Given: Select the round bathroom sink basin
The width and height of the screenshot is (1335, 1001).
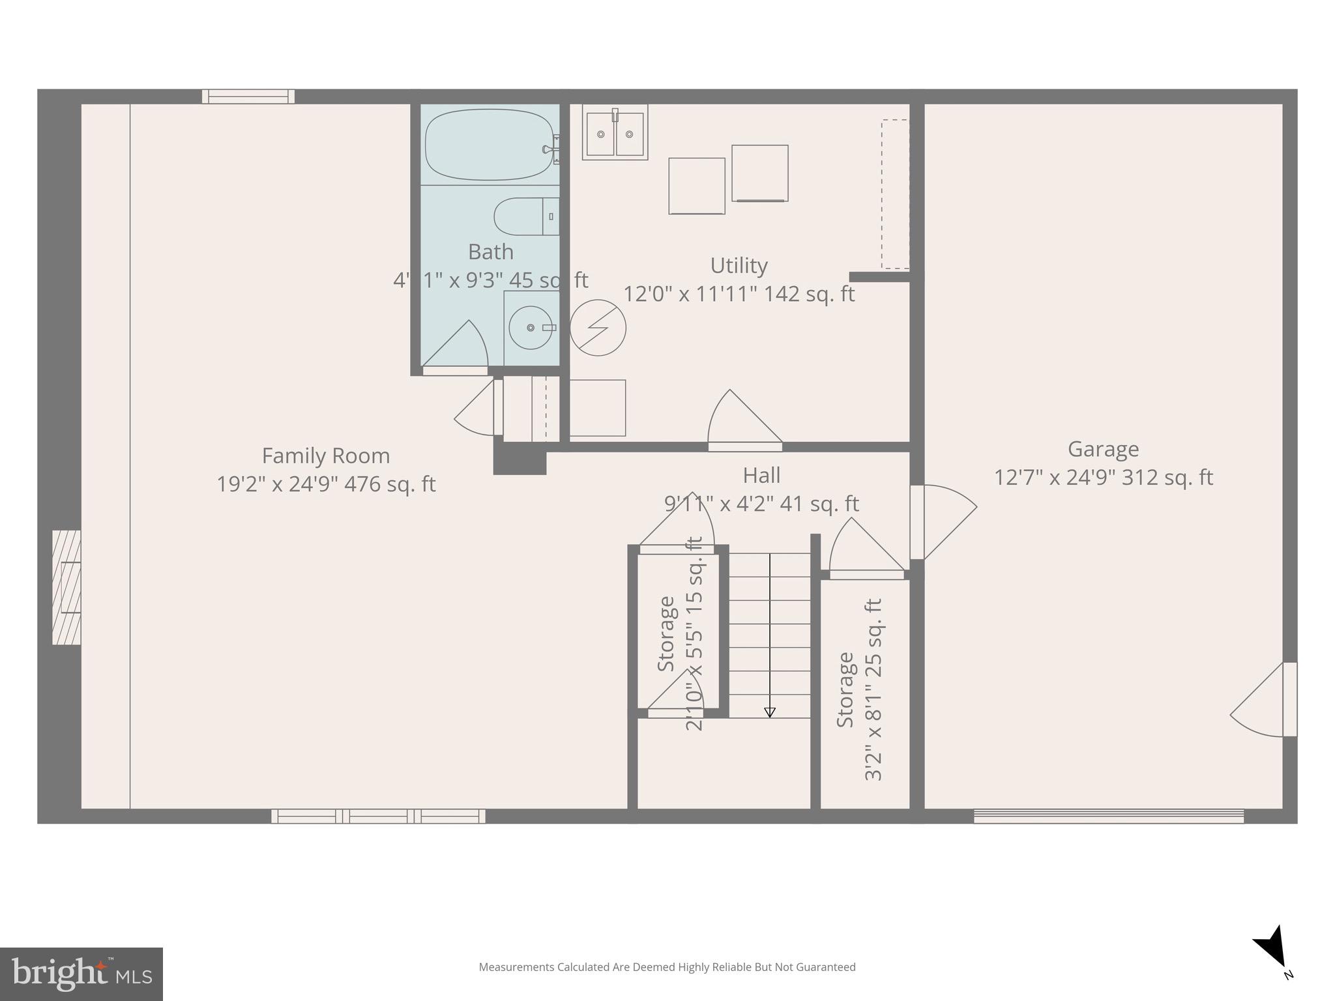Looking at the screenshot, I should click(x=531, y=327).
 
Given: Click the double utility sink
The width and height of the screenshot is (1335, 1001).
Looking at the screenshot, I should click(x=615, y=134).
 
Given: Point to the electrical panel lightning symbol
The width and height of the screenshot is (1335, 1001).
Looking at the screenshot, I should click(x=598, y=328).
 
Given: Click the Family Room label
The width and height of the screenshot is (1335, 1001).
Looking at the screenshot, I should click(x=326, y=456).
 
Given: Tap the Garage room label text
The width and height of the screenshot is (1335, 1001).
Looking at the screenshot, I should click(x=1103, y=449).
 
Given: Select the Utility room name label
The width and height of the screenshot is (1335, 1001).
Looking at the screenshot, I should click(x=739, y=265).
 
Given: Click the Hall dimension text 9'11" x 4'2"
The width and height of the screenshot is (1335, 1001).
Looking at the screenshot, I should click(x=761, y=504).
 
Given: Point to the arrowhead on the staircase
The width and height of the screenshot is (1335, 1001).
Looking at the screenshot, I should click(x=769, y=712).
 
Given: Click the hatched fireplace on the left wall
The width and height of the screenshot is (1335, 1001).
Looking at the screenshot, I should click(x=67, y=587).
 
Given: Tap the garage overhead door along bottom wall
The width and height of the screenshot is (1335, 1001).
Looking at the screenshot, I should click(x=1108, y=816).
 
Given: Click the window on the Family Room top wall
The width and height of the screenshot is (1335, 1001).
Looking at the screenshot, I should click(x=248, y=96).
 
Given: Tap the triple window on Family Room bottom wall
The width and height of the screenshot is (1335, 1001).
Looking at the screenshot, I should click(x=378, y=816).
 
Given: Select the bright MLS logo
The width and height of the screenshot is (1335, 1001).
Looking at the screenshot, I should click(x=81, y=974).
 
